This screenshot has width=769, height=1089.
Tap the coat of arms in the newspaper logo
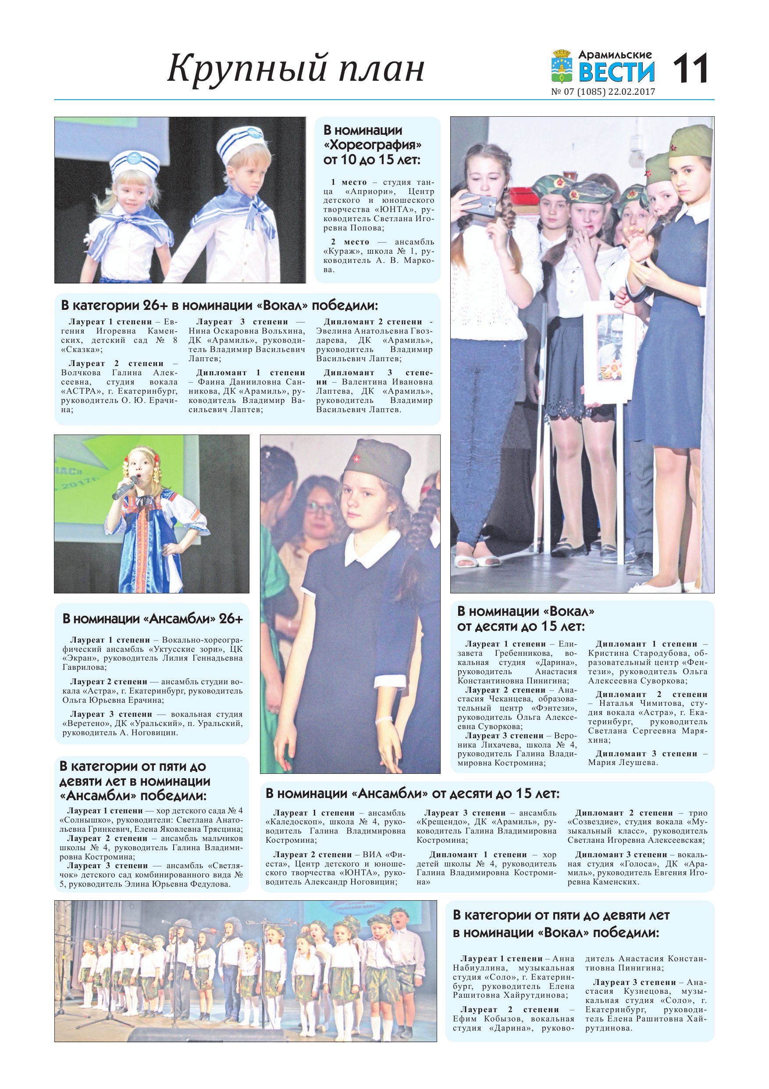tap(563, 67)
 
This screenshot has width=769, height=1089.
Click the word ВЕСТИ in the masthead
tap(616, 72)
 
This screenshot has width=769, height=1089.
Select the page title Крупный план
tap(295, 68)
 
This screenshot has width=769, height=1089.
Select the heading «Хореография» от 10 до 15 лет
tap(372, 145)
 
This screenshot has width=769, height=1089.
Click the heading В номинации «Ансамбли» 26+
tap(153, 618)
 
